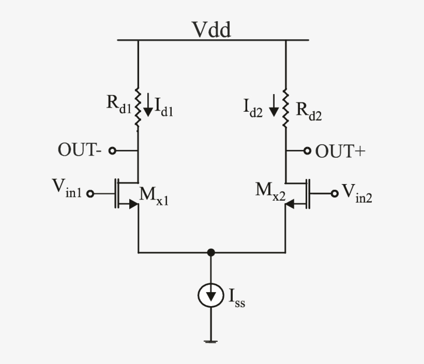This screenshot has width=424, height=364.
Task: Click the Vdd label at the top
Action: tap(212, 29)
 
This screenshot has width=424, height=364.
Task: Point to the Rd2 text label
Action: tap(308, 111)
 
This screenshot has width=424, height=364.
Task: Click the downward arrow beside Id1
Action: tap(148, 105)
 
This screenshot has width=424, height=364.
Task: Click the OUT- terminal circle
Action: tap(111, 151)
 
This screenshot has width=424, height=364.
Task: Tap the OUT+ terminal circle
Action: tap(307, 151)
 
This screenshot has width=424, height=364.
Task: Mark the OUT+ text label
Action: tap(340, 151)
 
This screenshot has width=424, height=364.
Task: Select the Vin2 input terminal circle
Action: tap(335, 193)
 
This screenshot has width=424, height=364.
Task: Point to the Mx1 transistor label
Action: tap(153, 196)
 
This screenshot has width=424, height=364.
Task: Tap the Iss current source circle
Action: tap(210, 296)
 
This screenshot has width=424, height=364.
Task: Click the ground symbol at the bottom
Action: tap(210, 341)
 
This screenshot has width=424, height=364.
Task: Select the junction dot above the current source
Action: tap(210, 252)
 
